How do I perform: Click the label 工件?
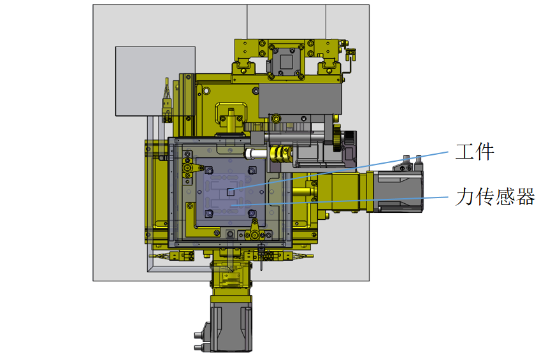point(475,152)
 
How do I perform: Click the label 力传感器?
point(495,196)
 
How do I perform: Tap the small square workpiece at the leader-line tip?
point(230,192)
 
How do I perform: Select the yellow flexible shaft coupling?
point(280,153)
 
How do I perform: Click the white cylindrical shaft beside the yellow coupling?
point(257,153)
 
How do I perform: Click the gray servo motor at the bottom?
point(230,325)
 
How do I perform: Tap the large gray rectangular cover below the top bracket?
point(300,100)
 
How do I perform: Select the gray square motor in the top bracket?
point(287,61)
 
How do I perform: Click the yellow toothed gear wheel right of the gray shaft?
point(337,138)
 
